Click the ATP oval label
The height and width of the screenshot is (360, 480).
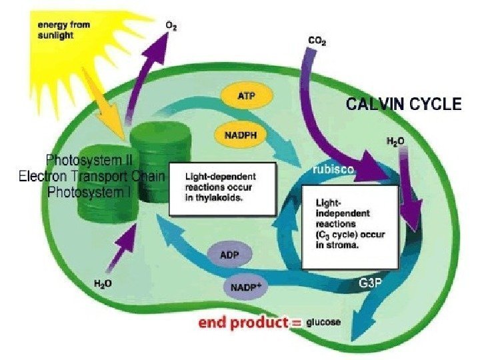pyautogui.click(x=246, y=97)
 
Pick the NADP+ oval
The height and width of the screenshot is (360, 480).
pyautogui.click(x=246, y=288)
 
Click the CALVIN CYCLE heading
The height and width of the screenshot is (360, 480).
pyautogui.click(x=403, y=104)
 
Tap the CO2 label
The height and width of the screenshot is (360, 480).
pyautogui.click(x=317, y=41)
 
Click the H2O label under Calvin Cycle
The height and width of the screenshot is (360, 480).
pyautogui.click(x=396, y=142)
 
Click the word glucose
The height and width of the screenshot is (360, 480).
pyautogui.click(x=323, y=323)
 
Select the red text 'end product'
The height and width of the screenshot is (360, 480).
pyautogui.click(x=241, y=323)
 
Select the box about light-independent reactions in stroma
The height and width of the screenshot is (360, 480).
pyautogui.click(x=349, y=226)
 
